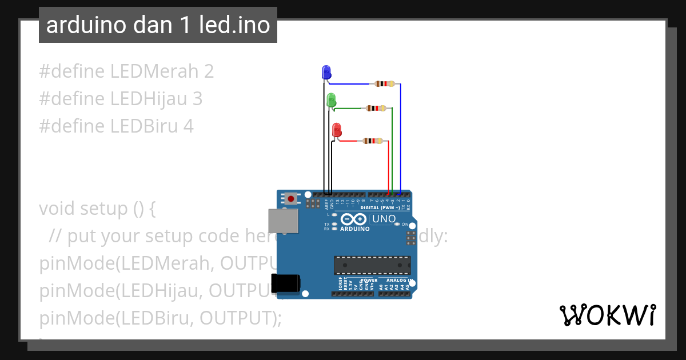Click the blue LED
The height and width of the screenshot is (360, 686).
(x=326, y=73)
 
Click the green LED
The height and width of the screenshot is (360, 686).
(x=331, y=101)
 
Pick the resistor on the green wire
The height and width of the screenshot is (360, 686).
(x=376, y=108)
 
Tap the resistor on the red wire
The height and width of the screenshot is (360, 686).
(x=372, y=141)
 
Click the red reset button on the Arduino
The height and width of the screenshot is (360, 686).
(x=292, y=199)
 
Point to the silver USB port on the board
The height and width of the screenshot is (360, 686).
(x=283, y=221)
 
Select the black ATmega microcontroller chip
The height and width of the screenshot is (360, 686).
(x=372, y=265)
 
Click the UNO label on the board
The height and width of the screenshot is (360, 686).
(x=384, y=219)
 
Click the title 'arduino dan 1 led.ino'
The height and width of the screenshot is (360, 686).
(x=158, y=25)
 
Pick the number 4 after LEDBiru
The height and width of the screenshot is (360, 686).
(x=188, y=126)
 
